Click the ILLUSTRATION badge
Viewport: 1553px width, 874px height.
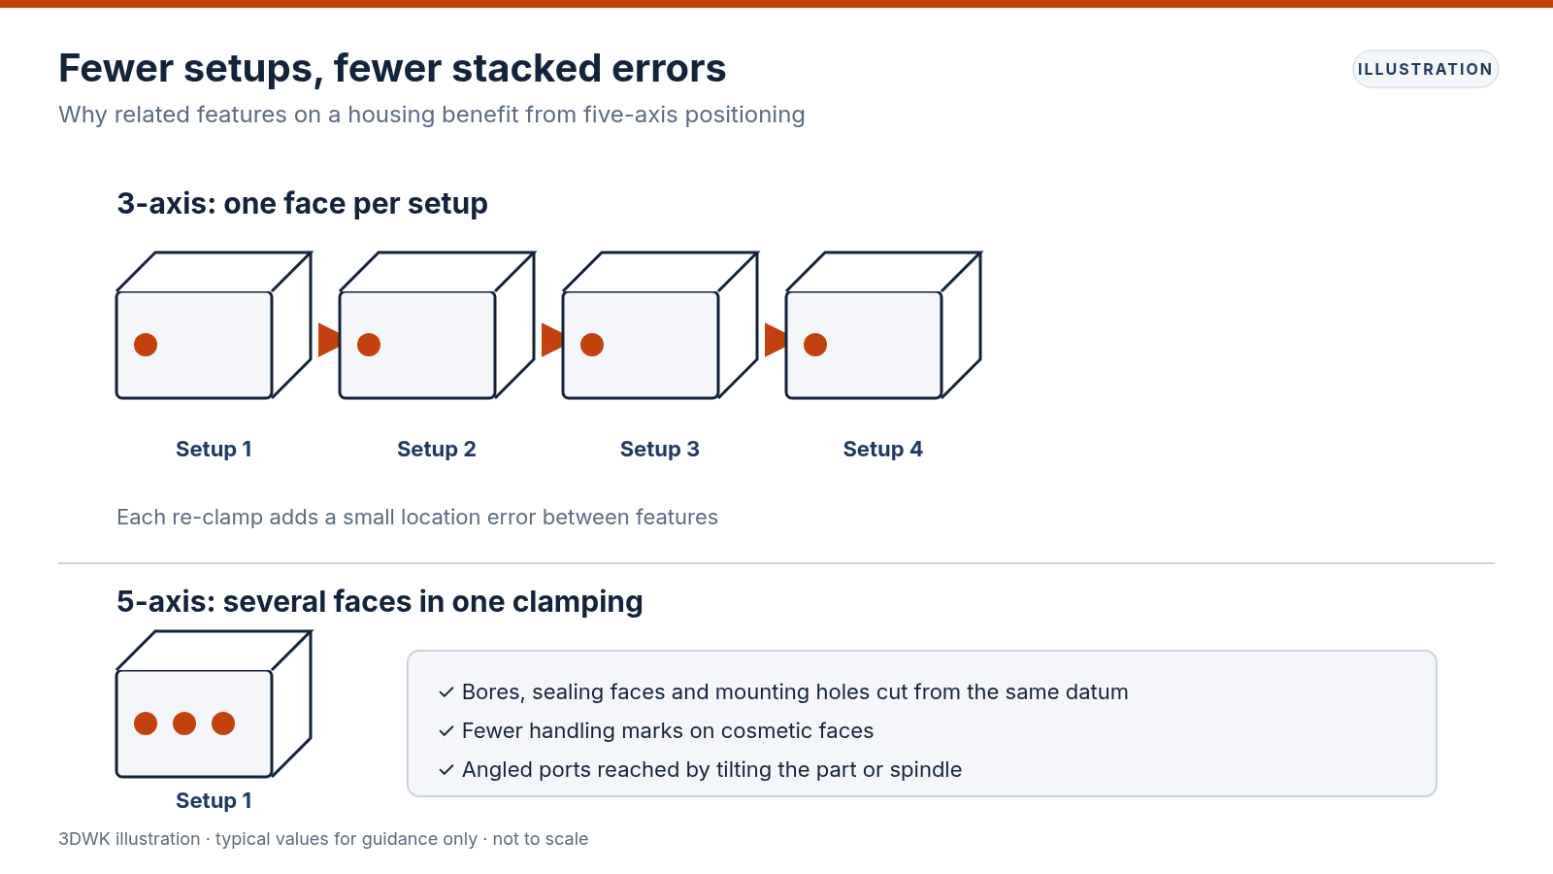1426,69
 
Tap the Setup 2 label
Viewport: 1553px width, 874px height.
437,450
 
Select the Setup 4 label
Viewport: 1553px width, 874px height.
882,450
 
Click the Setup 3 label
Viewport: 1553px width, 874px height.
659,450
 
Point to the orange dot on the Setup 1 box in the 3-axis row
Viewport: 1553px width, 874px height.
146,345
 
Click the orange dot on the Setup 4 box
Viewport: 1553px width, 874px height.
815,345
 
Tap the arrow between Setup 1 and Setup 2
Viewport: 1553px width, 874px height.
329,340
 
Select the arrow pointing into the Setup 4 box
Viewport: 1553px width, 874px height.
776,340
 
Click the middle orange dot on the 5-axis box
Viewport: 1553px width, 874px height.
184,723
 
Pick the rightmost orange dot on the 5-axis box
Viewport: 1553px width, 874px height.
223,723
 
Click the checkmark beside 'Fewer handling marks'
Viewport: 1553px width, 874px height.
446,731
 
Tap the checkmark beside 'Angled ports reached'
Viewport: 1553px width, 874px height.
446,770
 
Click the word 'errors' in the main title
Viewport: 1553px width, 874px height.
669,69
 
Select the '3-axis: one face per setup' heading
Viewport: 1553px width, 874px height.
302,204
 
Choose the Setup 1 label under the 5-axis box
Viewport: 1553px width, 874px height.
214,801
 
